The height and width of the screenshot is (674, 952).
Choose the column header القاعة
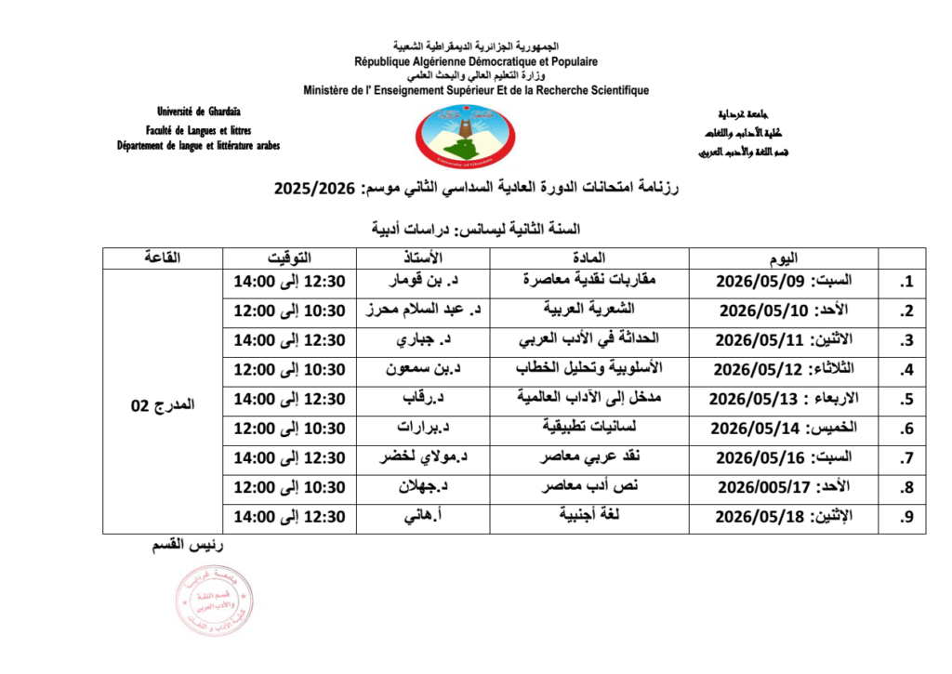tap(163, 258)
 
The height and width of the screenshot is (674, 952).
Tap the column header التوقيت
tap(290, 258)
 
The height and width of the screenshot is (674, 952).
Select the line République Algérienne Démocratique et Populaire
tap(475, 61)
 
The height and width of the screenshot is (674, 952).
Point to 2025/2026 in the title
tap(315, 189)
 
